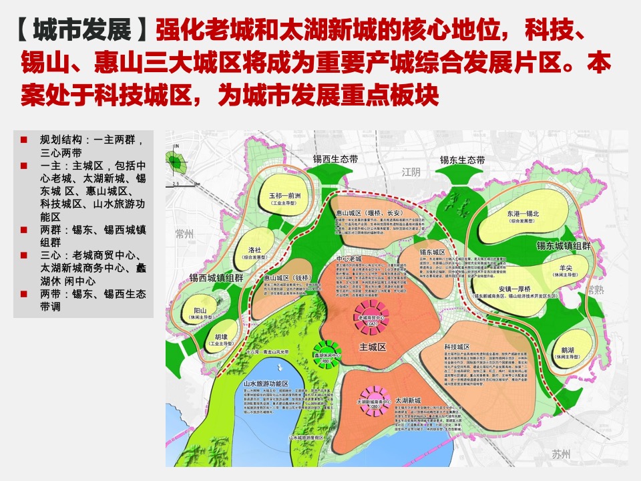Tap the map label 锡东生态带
click(462, 160)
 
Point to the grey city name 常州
click(182, 233)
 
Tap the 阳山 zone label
click(200, 310)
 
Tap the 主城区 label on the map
click(373, 347)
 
